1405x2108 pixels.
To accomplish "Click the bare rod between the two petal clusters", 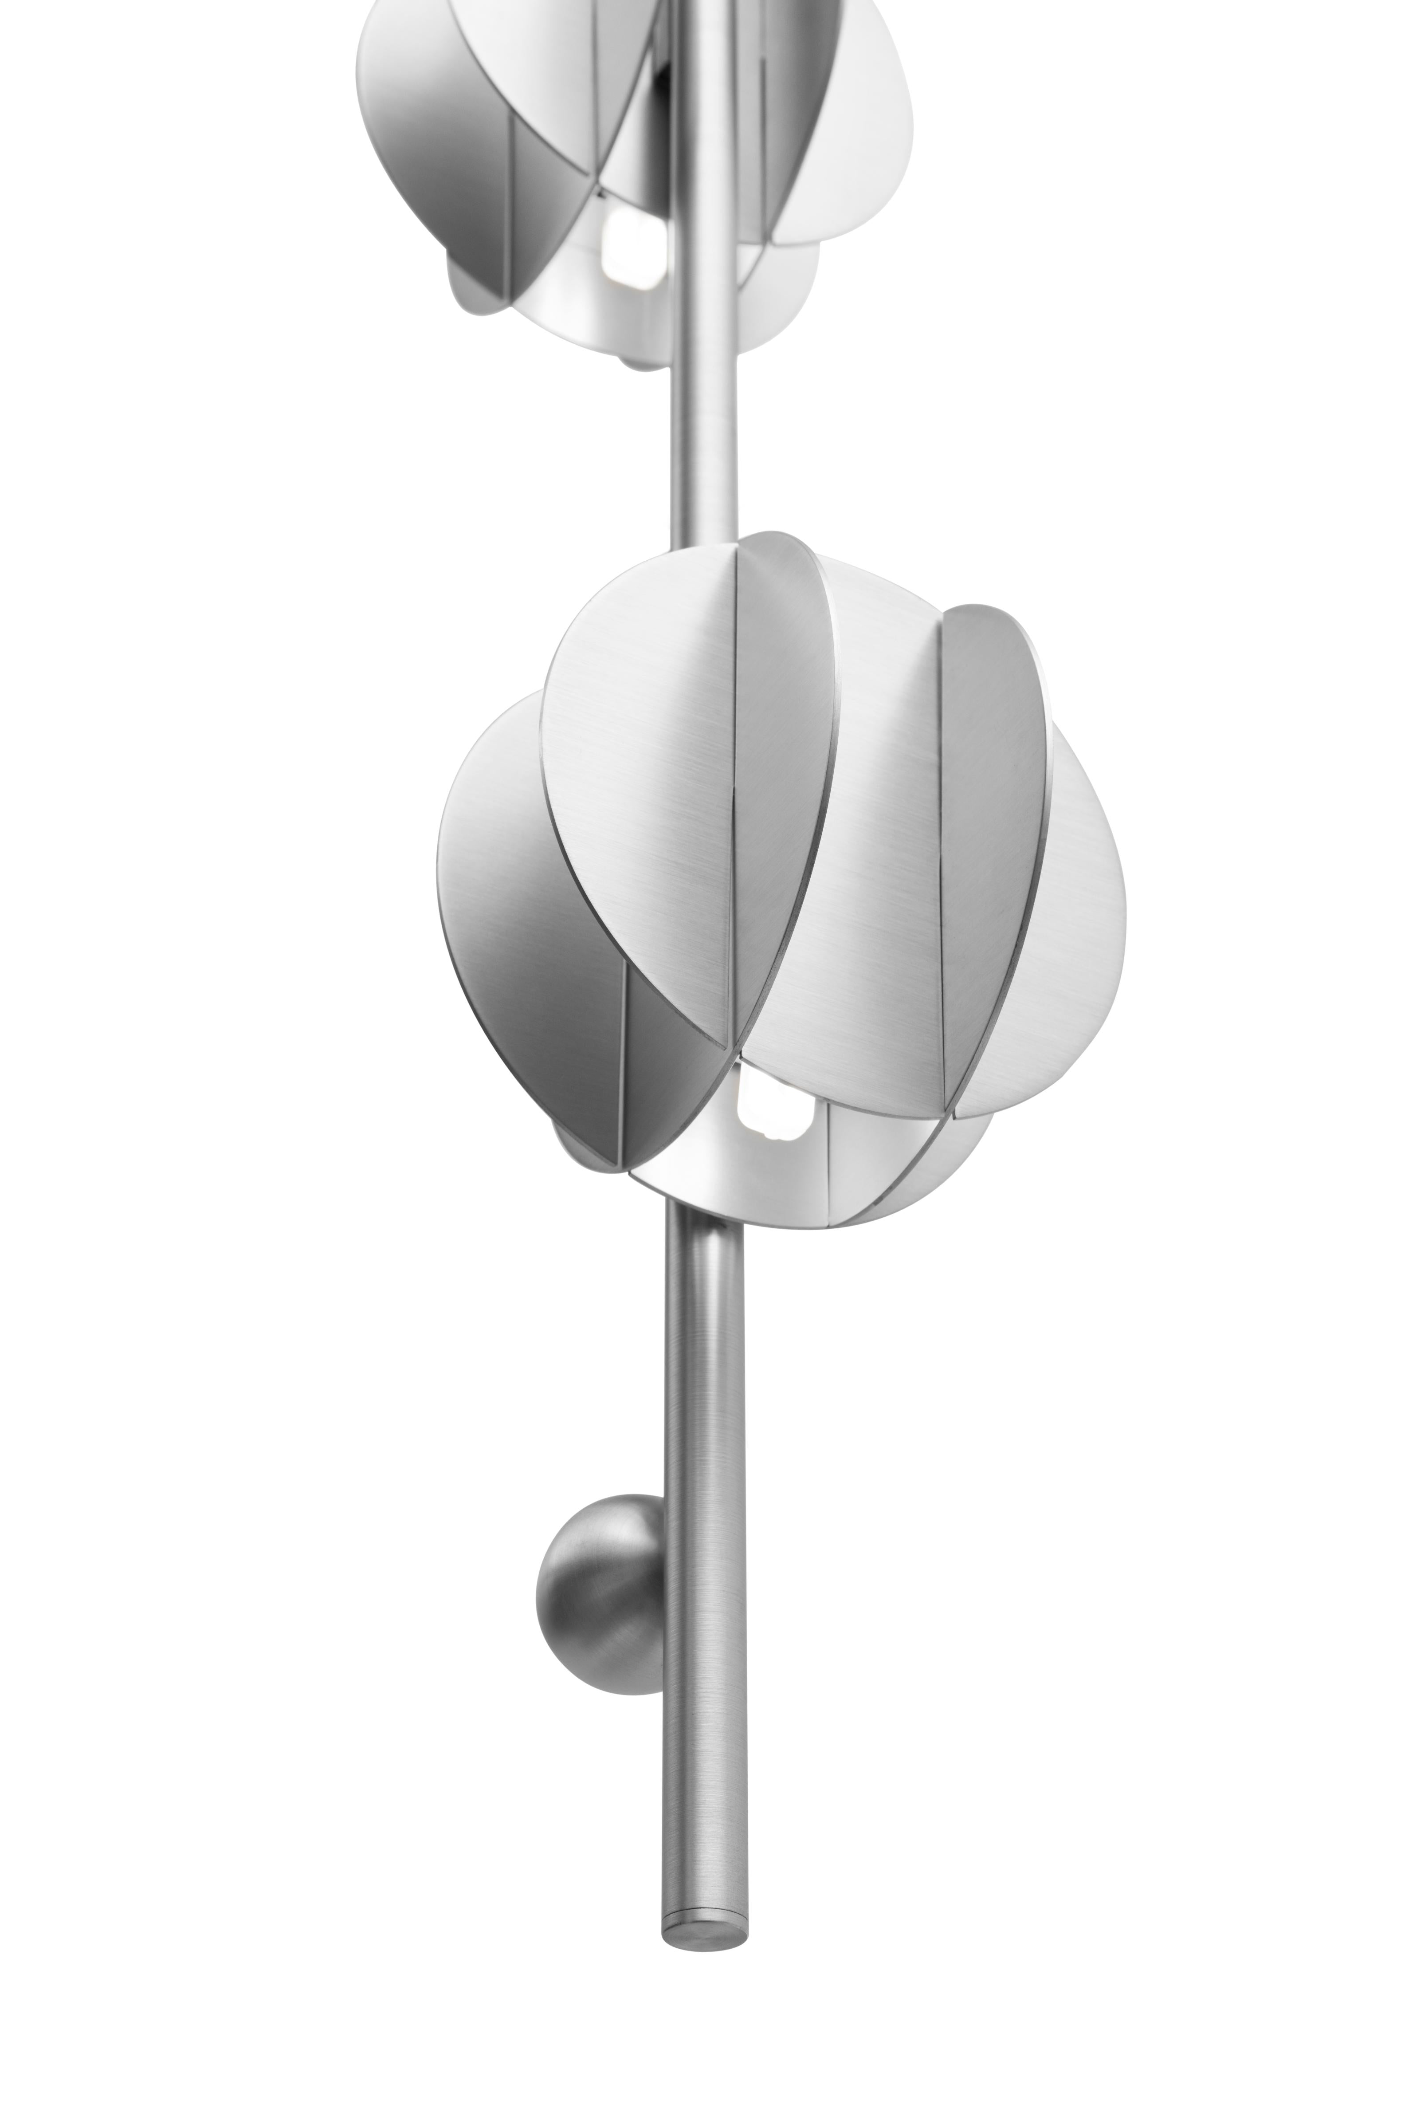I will tap(704, 448).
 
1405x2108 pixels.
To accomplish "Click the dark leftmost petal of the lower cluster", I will tap(520, 896).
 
